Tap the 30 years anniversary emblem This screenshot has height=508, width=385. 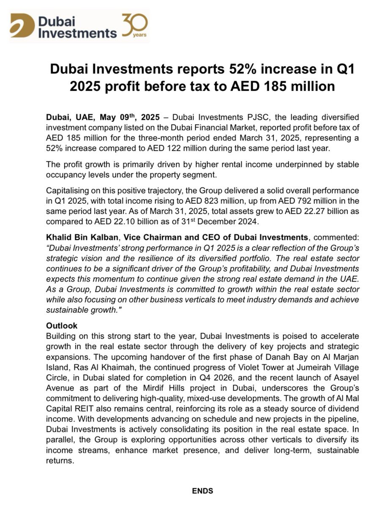pos(135,25)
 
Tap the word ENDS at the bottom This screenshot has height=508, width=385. pos(203,491)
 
